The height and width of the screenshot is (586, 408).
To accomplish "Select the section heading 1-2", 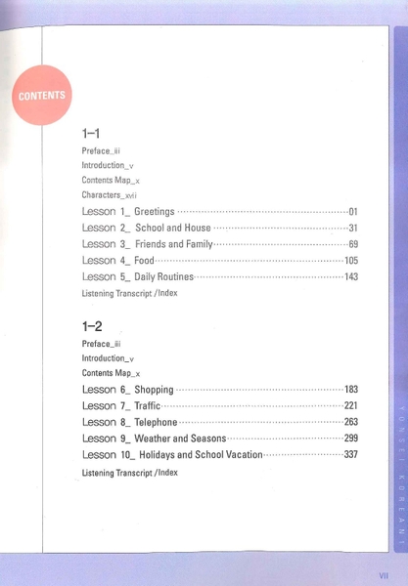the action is click(x=94, y=326).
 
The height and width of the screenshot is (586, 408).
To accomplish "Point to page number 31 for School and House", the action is click(x=353, y=228).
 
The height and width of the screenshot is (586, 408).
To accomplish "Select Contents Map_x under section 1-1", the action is click(x=111, y=181).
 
